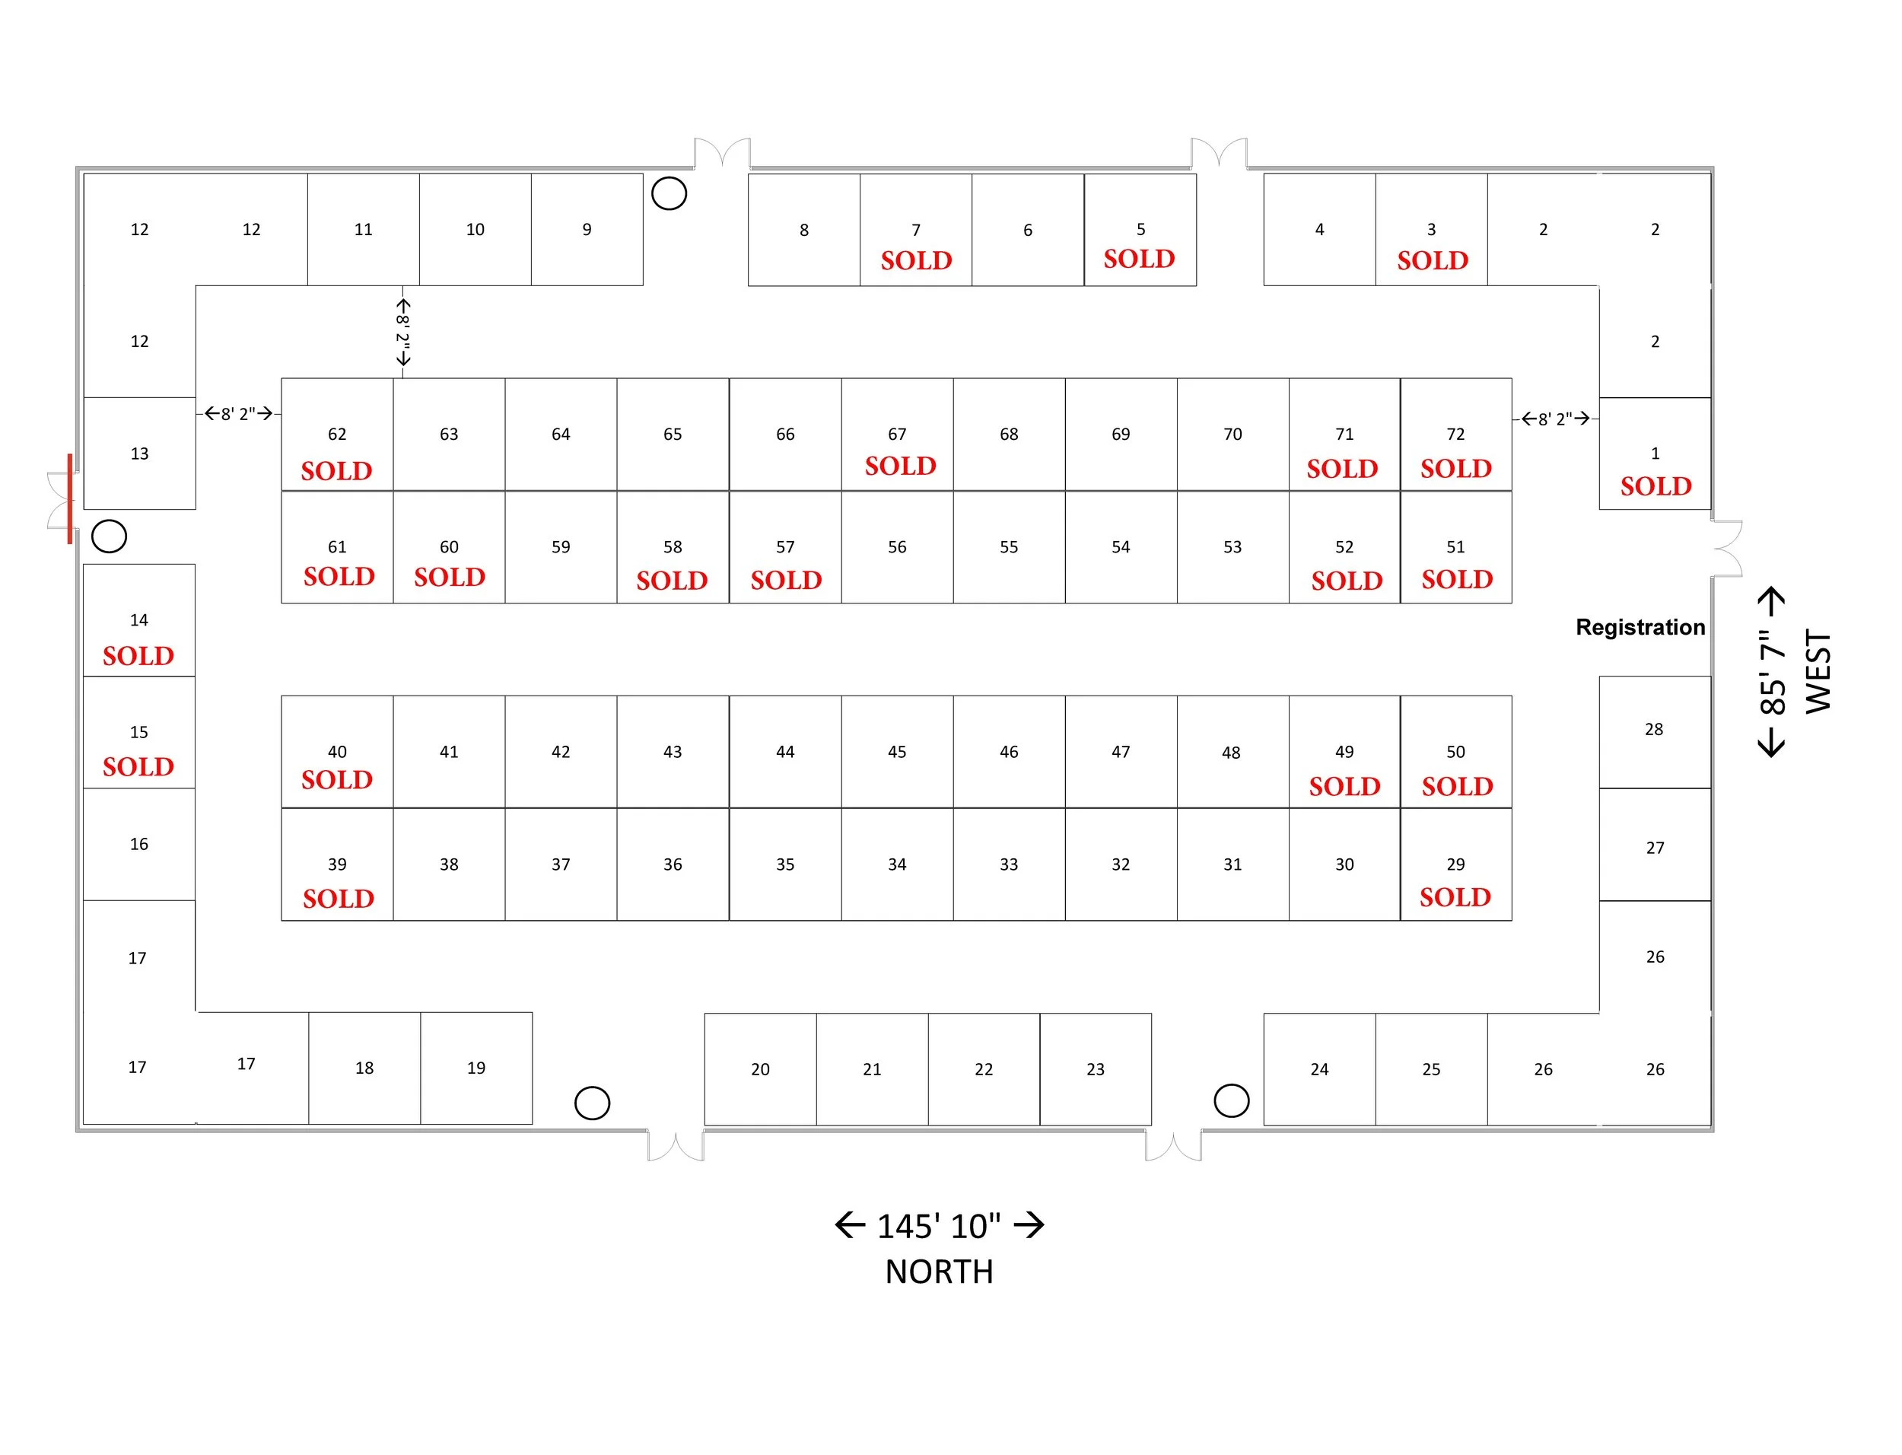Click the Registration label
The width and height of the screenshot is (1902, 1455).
tap(1639, 627)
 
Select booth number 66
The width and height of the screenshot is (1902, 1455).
tap(784, 434)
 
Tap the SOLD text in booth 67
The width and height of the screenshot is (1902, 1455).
tap(900, 466)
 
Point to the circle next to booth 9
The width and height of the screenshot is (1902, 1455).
tap(668, 194)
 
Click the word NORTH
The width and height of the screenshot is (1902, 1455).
tap(939, 1272)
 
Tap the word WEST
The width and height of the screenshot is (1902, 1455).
tap(1818, 672)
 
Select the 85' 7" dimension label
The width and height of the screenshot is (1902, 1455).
tap(1772, 672)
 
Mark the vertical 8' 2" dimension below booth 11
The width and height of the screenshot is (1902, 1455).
tap(402, 332)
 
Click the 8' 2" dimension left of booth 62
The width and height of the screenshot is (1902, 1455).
tap(238, 414)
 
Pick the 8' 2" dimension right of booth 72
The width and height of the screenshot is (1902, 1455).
tap(1555, 419)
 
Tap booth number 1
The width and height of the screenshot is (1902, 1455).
tap(1655, 453)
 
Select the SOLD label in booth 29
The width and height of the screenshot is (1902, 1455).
tap(1455, 897)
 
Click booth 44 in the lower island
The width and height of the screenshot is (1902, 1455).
tap(784, 752)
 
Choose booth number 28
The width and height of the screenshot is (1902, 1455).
tap(1653, 729)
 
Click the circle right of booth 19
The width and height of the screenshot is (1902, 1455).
tap(592, 1103)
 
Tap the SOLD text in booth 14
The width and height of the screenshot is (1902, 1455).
tap(138, 656)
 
